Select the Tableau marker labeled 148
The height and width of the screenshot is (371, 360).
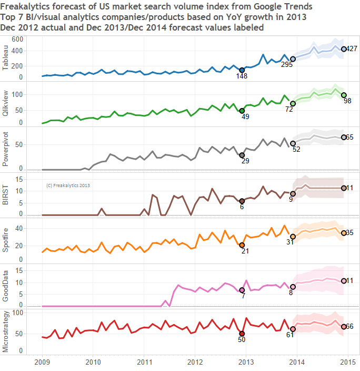pyautogui.click(x=242, y=70)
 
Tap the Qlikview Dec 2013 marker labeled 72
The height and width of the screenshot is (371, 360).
pyautogui.click(x=293, y=103)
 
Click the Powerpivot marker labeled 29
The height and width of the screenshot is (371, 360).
pyautogui.click(x=242, y=155)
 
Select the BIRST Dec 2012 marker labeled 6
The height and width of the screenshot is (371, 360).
pyautogui.click(x=242, y=201)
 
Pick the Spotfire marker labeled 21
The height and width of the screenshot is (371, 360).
pyautogui.click(x=242, y=245)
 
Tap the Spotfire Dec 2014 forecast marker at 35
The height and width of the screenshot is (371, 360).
pyautogui.click(x=344, y=233)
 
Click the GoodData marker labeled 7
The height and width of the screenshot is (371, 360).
pyautogui.click(x=242, y=290)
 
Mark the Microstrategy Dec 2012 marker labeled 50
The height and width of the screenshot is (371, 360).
pyautogui.click(x=242, y=333)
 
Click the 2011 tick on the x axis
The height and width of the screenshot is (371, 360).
pyautogui.click(x=144, y=362)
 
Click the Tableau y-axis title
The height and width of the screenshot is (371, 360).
pyautogui.click(x=6, y=58)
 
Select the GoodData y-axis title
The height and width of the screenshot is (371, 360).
pyautogui.click(x=6, y=285)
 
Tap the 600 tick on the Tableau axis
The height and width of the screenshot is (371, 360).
pyautogui.click(x=17, y=40)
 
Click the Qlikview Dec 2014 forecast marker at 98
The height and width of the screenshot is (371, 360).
pyautogui.click(x=344, y=95)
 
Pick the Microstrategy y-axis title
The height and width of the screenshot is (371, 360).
pyautogui.click(x=6, y=331)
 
